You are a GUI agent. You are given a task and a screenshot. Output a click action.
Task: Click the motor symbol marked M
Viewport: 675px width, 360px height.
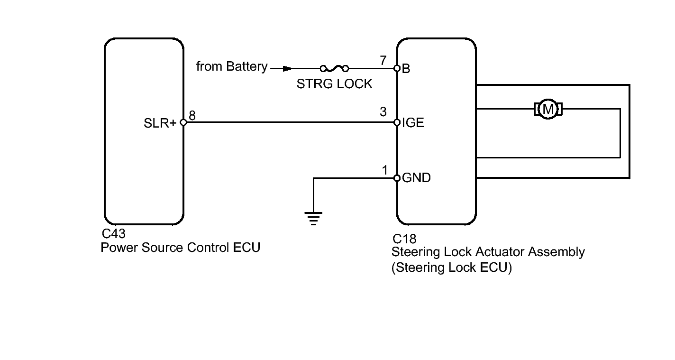pos(548,109)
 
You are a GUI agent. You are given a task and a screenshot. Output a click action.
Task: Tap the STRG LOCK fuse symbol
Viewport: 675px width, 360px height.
pos(334,69)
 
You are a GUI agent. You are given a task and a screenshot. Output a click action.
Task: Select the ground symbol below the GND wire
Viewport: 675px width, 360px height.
pos(313,219)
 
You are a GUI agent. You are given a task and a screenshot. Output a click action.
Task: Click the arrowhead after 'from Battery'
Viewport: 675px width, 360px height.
pos(287,69)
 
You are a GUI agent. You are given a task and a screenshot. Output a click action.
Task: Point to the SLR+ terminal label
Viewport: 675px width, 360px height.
pos(160,123)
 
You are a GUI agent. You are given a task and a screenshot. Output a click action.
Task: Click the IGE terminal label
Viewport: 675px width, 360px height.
pos(413,123)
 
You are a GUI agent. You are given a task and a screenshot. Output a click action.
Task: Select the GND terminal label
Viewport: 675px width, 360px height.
pos(416,178)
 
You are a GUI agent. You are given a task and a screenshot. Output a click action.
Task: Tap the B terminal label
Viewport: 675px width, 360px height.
pos(406,69)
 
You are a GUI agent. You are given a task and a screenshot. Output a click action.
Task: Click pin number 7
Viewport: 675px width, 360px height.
pos(383,61)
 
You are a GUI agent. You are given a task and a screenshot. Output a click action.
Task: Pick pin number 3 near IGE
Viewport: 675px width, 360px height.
pos(383,112)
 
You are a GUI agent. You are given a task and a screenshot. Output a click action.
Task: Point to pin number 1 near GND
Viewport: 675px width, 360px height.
pos(385,170)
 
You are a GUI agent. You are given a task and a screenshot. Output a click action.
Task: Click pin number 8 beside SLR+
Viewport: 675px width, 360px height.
pos(192,115)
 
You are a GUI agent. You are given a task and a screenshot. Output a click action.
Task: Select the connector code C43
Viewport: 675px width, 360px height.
pos(113,234)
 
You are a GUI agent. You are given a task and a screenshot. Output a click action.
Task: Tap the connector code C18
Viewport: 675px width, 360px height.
pos(404,239)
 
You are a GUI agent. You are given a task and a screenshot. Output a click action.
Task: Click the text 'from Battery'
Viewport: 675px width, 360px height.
pos(232,66)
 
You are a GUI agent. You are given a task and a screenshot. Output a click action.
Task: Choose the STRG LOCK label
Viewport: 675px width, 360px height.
pos(334,84)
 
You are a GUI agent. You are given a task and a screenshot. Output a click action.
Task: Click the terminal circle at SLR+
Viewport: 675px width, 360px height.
pos(183,122)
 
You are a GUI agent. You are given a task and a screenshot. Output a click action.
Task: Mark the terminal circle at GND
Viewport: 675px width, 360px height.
pos(397,178)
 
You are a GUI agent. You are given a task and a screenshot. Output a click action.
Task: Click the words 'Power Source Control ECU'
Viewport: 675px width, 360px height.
pos(180,248)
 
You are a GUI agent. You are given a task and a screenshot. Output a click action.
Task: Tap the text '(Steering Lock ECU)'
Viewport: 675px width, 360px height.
pos(451,268)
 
